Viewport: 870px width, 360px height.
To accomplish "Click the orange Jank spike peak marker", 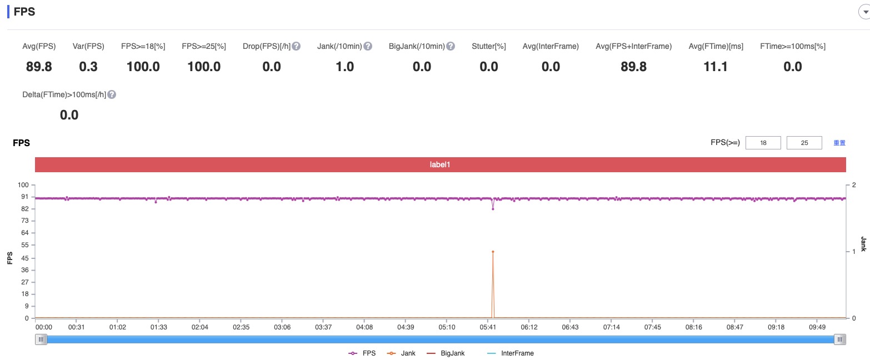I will (493, 252).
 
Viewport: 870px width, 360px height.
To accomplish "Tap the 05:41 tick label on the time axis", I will (488, 327).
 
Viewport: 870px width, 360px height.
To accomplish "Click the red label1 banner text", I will (440, 165).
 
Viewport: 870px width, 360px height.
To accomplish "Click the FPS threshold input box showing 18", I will (763, 143).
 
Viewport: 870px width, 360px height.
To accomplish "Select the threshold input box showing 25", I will (804, 143).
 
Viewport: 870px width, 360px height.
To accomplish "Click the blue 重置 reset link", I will (839, 143).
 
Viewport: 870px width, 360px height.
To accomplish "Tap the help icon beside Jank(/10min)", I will (368, 46).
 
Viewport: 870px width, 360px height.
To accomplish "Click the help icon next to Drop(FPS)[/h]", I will (296, 46).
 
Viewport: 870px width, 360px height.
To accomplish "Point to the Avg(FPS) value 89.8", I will (39, 67).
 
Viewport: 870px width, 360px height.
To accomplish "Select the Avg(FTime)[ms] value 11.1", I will (716, 67).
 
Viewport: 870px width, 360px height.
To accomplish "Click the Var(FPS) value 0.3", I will (88, 67).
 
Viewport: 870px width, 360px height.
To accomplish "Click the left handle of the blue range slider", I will (42, 339).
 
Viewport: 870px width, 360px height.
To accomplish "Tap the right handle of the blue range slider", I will (840, 339).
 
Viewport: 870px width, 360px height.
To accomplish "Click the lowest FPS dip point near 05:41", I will (493, 209).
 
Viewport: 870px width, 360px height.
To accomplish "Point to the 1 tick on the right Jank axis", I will (854, 252).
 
